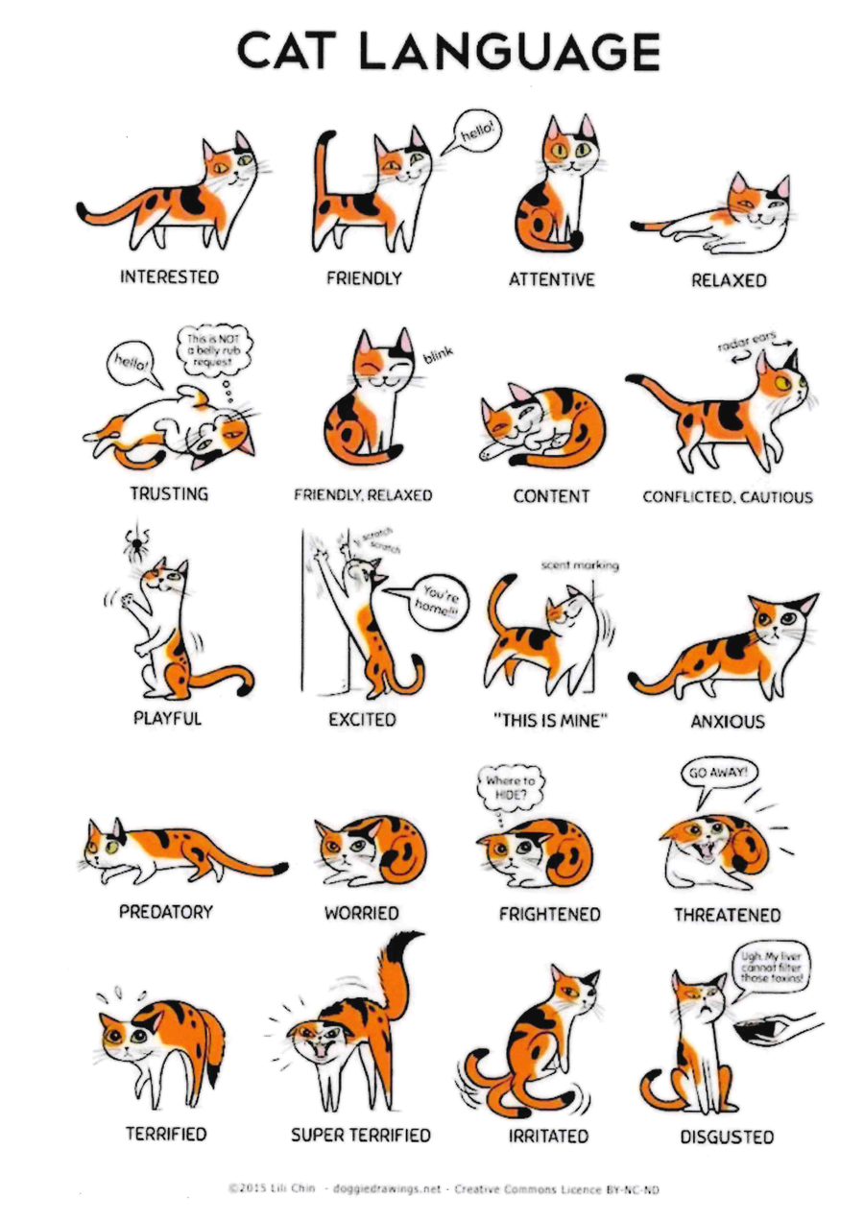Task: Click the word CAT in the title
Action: [287, 51]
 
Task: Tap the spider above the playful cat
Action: [135, 542]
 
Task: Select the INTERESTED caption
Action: [169, 276]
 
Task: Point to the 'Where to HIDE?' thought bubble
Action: [510, 788]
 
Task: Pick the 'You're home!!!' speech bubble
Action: [436, 602]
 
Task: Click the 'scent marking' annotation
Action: [580, 565]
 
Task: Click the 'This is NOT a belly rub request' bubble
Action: [214, 349]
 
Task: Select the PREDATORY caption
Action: [166, 912]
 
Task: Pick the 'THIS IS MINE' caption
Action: [550, 721]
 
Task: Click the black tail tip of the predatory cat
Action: [280, 867]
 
